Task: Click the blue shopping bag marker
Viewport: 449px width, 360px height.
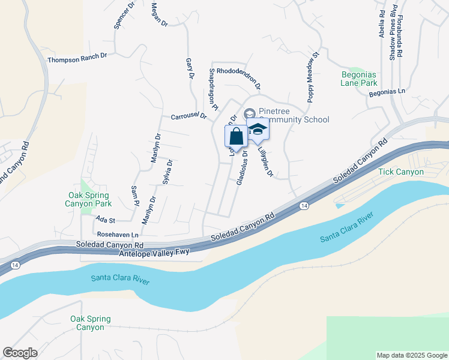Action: pos(236,136)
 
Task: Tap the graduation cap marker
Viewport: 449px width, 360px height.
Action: pos(258,130)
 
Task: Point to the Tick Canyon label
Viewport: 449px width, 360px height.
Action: pos(401,172)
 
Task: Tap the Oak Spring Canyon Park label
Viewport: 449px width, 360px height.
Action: pos(88,199)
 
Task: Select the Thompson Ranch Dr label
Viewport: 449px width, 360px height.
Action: pos(77,56)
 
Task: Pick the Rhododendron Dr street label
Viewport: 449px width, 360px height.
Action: pos(239,77)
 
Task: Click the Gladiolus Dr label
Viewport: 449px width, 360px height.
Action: pos(243,167)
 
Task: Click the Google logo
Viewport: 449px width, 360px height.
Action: pos(20,353)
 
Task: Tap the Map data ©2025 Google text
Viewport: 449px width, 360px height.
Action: pos(411,355)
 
